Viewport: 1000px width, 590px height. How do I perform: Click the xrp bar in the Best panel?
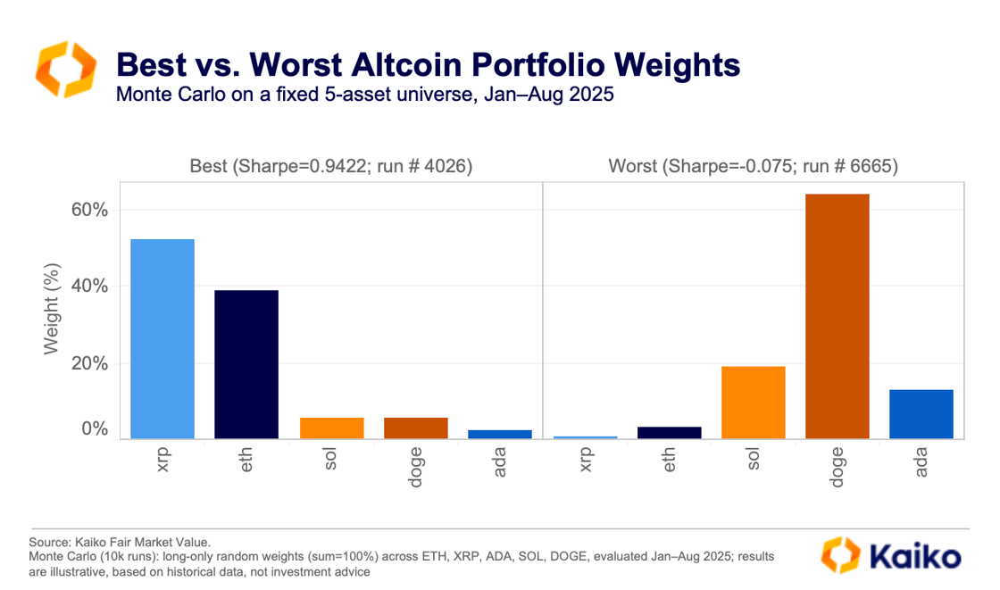coord(162,338)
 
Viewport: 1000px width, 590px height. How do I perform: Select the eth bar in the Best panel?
coord(246,364)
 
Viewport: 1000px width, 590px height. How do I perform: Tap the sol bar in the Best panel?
coord(331,428)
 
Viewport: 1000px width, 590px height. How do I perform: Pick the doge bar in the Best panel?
coord(416,428)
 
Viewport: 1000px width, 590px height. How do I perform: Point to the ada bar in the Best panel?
coord(500,434)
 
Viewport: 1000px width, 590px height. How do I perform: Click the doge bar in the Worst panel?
coord(837,316)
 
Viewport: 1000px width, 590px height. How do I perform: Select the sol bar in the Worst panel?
coord(753,402)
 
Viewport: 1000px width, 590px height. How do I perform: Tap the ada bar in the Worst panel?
coord(921,413)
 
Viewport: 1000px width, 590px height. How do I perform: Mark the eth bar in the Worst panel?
coord(669,432)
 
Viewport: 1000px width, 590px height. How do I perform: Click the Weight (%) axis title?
coord(53,308)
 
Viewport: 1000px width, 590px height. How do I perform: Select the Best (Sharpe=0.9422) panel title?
coord(330,166)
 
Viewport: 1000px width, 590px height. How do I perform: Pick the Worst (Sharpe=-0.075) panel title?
coord(753,166)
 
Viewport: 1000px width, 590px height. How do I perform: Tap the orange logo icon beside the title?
coord(63,68)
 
